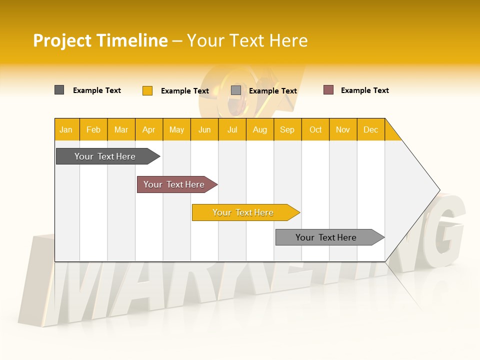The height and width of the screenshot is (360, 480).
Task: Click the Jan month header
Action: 66,129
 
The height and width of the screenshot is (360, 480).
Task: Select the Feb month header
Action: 93,129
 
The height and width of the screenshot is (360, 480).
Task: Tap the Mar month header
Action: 121,129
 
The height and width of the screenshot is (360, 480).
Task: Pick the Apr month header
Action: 149,129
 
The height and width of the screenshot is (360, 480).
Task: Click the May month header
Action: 176,129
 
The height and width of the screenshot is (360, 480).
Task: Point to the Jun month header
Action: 204,129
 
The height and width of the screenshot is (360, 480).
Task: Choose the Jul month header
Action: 232,129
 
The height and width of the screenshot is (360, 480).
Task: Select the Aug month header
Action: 260,129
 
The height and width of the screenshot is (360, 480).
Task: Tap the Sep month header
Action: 287,129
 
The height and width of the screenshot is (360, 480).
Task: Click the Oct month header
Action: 315,129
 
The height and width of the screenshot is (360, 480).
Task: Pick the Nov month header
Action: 343,129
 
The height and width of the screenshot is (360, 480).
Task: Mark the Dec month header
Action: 370,129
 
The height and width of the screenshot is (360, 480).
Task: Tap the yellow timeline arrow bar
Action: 243,212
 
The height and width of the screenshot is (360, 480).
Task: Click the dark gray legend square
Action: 59,90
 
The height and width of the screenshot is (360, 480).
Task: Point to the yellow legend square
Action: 147,90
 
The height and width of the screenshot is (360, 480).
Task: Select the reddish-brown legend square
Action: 328,90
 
